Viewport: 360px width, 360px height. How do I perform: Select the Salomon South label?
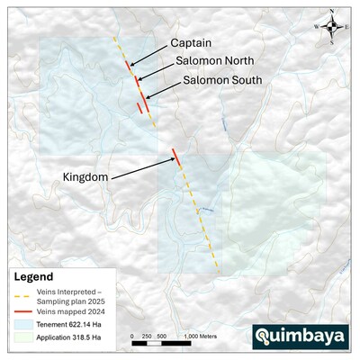pyautogui.click(x=222, y=80)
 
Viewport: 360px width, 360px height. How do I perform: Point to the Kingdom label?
pyautogui.click(x=85, y=178)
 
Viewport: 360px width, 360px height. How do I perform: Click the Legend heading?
pyautogui.click(x=34, y=277)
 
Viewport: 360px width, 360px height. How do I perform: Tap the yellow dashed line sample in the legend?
pyautogui.click(x=23, y=294)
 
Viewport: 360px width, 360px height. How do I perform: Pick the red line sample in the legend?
pyautogui.click(x=23, y=311)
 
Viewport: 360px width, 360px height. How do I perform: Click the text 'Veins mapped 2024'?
pyautogui.click(x=69, y=311)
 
